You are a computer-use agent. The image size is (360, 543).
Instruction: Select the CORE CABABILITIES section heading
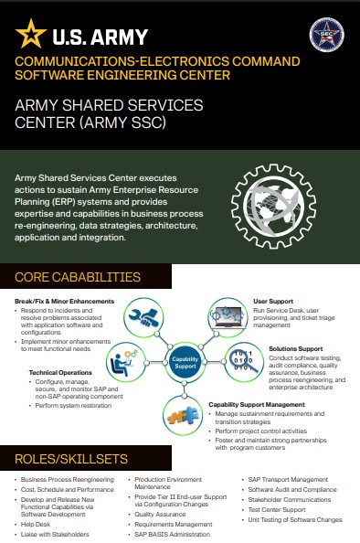(x=78, y=277)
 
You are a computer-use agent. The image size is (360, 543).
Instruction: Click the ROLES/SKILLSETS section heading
(x=70, y=456)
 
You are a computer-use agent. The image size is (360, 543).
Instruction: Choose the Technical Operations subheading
(x=59, y=372)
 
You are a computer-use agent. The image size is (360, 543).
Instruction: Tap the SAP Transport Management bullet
(x=288, y=479)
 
